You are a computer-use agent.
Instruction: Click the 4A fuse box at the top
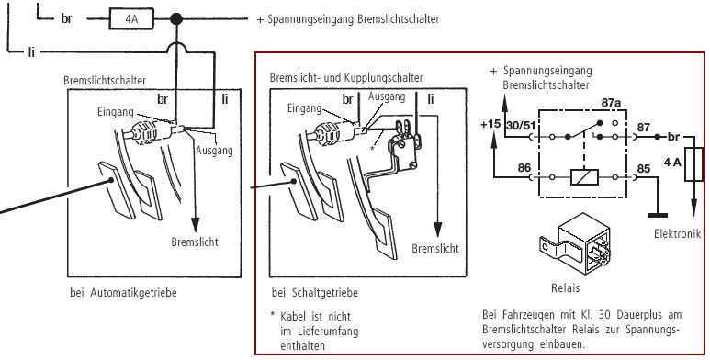tap(131, 19)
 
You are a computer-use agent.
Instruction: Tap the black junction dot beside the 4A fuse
tap(175, 19)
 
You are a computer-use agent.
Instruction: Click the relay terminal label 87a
tap(611, 103)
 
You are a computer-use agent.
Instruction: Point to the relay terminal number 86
tap(524, 168)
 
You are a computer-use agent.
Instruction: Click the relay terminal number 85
tap(644, 169)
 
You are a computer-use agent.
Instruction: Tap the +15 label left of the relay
tap(491, 124)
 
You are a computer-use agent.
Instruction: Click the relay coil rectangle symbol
tap(584, 177)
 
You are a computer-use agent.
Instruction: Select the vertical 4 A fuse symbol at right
tap(693, 164)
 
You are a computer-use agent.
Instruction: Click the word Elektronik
tap(678, 233)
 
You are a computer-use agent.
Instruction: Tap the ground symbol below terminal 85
tap(658, 215)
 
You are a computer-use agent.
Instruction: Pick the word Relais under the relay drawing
tap(565, 287)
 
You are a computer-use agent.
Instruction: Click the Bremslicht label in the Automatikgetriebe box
tap(195, 242)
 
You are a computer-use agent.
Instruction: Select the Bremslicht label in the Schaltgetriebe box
tap(435, 248)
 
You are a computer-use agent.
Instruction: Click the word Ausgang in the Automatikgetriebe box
tap(214, 151)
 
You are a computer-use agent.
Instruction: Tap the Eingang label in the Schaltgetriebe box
tap(304, 108)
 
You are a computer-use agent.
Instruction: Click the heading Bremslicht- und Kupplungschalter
tap(346, 77)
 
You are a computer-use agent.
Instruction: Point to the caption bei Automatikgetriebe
tap(123, 293)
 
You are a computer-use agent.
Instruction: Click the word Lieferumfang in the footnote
tap(320, 331)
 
